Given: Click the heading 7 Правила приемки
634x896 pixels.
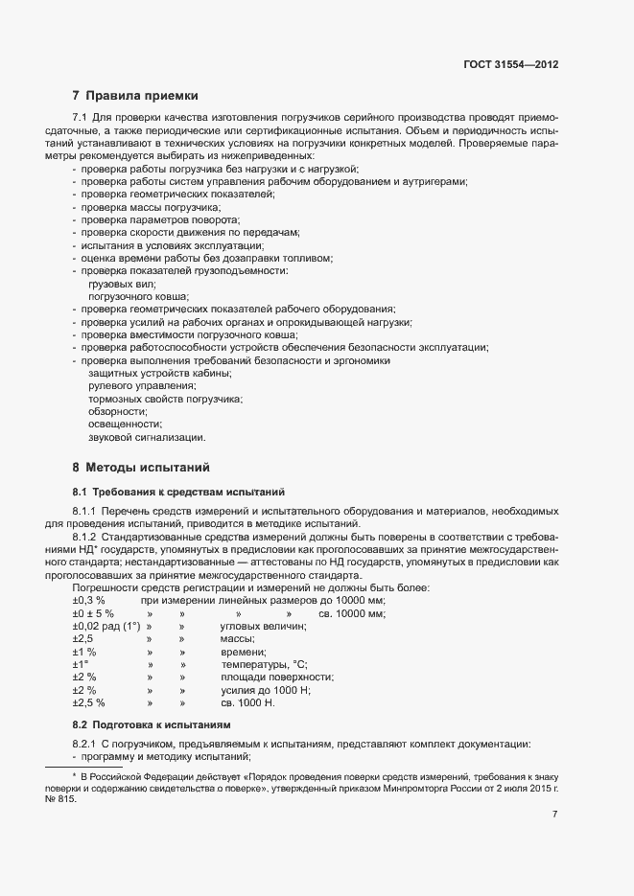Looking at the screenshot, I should tap(135, 96).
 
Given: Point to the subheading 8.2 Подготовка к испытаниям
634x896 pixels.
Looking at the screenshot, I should tap(152, 724).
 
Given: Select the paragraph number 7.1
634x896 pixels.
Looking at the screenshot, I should tap(81, 117).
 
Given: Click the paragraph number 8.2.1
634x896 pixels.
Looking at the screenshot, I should tap(85, 745).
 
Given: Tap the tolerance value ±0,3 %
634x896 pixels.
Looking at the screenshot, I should tap(88, 600).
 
